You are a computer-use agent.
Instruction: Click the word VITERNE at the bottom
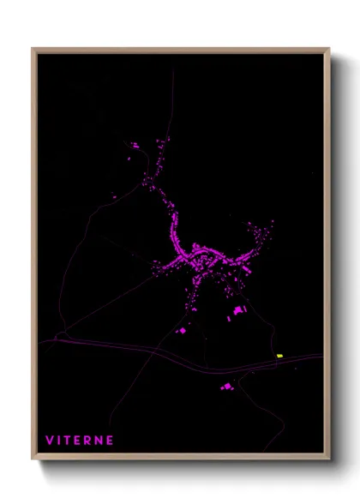[x=80, y=440]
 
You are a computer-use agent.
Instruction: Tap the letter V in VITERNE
[x=49, y=440]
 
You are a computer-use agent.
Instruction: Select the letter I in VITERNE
[x=59, y=440]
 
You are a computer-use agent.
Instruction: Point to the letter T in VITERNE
[x=68, y=440]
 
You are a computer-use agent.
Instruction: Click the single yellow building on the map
[x=279, y=356]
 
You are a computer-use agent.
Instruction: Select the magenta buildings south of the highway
[x=226, y=387]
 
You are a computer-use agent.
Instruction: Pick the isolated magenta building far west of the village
[x=115, y=199]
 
